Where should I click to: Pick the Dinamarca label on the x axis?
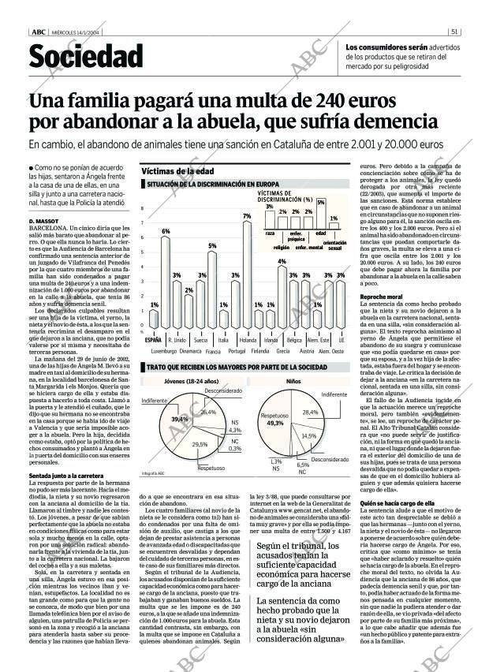189,349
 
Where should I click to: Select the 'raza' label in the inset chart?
270,233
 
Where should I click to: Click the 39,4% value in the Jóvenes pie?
180,419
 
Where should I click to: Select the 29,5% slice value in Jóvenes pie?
200,445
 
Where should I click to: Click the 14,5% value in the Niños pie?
309,435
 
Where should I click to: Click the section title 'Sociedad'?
86,57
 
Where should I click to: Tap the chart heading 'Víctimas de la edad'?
177,171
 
